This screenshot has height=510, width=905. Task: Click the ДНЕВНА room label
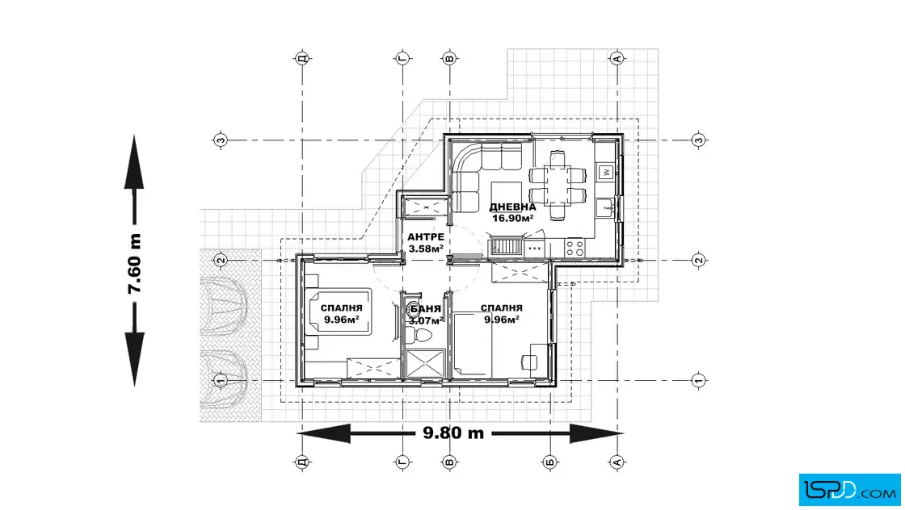click(512, 207)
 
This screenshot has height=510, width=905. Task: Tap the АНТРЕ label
click(425, 237)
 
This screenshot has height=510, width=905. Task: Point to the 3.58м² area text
click(426, 249)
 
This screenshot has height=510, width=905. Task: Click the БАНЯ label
click(426, 309)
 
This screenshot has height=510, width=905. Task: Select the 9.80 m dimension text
click(453, 433)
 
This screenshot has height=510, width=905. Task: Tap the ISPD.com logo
click(848, 487)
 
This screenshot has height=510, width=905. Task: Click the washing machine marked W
click(606, 171)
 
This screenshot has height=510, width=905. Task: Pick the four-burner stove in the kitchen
click(575, 248)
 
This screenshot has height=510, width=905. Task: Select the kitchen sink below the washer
click(605, 208)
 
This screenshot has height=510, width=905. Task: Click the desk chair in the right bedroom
click(534, 359)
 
